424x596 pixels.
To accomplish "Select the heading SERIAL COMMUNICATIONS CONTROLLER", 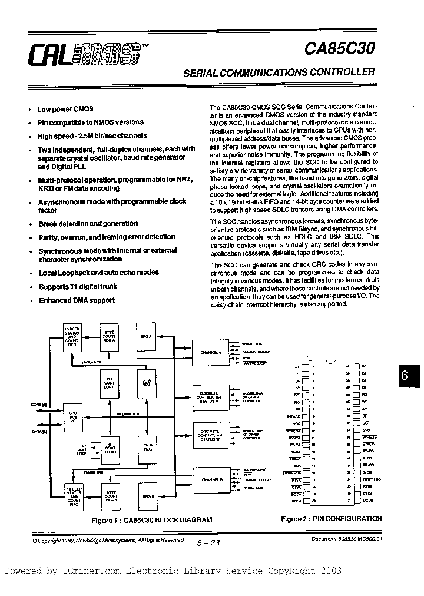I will [x=280, y=72].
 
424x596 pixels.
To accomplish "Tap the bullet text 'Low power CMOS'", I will [x=65, y=109].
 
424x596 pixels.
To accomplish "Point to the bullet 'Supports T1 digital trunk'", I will [x=78, y=287].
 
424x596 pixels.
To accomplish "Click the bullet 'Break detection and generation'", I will [x=88, y=224].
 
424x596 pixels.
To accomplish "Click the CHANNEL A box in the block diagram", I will [x=210, y=352].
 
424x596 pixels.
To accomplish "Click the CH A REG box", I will [x=147, y=383].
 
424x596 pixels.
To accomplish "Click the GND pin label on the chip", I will [x=365, y=431].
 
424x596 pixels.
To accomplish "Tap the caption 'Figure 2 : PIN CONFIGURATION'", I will [x=331, y=519].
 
